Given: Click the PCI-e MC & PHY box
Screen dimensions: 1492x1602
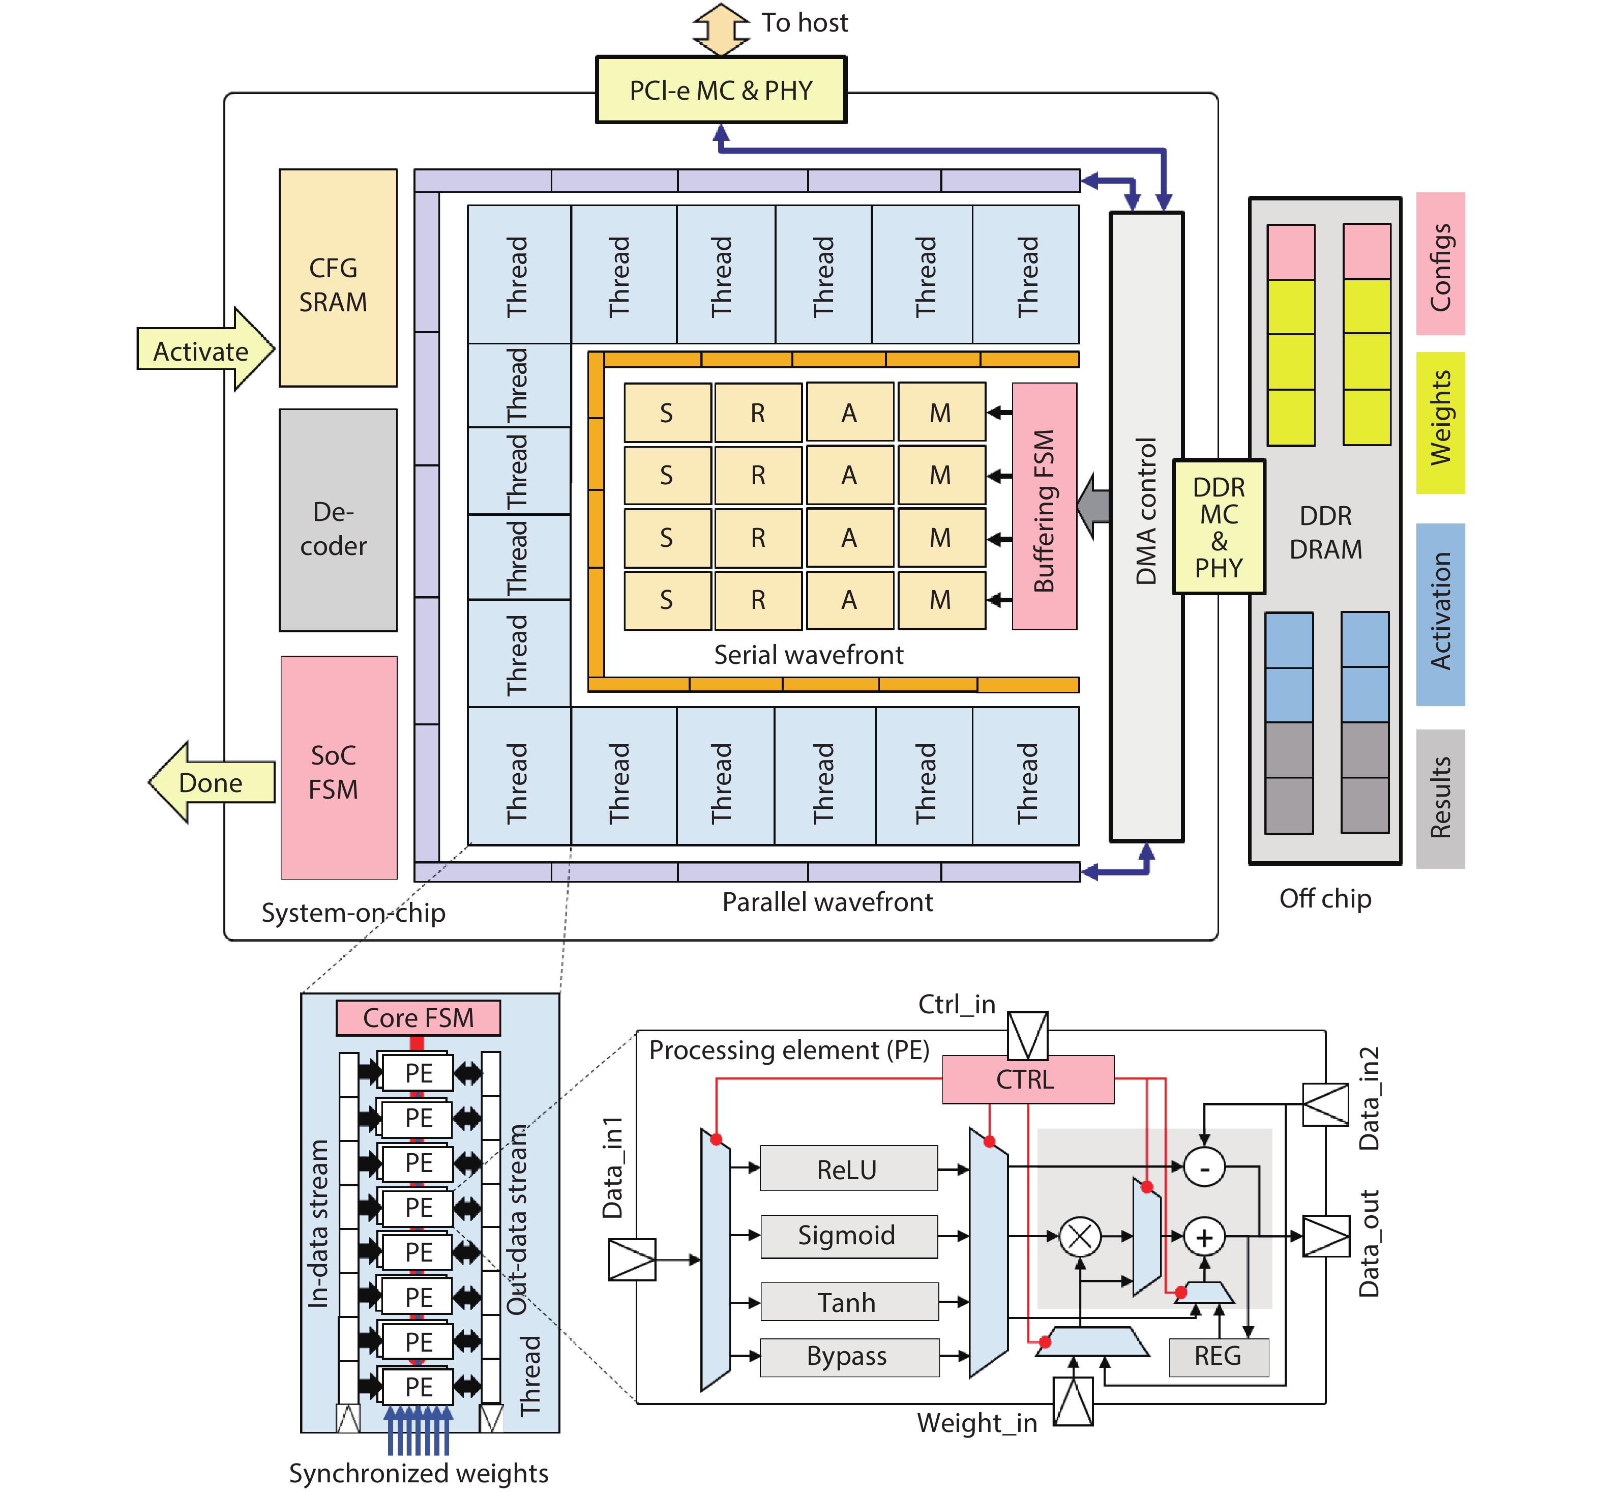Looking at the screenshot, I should click(721, 90).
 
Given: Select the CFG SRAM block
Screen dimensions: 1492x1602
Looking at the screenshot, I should click(338, 278).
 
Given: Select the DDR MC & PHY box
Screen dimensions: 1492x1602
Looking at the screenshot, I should click(1219, 527).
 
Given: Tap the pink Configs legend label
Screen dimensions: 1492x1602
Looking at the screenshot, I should click(1440, 264).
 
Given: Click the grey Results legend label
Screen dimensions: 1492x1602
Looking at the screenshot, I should click(1440, 798).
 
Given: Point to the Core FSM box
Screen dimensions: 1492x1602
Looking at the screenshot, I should click(418, 1017).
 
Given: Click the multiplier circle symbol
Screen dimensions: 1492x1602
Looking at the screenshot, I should click(1080, 1237).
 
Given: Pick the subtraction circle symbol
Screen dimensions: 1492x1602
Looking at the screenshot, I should click(1204, 1166).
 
